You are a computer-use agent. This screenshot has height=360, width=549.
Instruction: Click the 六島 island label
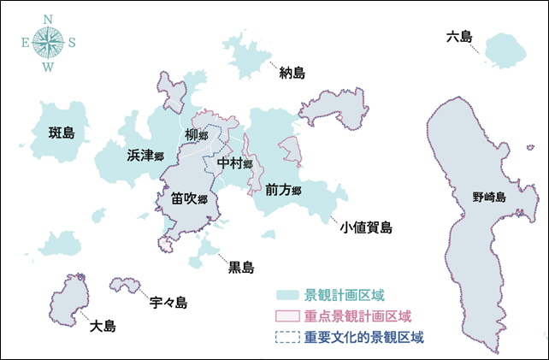pyautogui.click(x=458, y=38)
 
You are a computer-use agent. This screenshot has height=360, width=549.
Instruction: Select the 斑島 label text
pyautogui.click(x=62, y=133)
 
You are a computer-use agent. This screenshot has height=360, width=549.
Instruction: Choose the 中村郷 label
pyautogui.click(x=235, y=162)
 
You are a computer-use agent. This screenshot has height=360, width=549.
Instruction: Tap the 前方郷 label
pyautogui.click(x=283, y=189)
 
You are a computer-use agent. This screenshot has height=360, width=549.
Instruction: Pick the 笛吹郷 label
pyautogui.click(x=189, y=199)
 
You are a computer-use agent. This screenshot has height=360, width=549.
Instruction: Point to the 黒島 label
pyautogui.click(x=240, y=268)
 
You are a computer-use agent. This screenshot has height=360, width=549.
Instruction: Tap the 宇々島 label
pyautogui.click(x=168, y=303)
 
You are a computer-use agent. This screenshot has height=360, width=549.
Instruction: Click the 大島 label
pyautogui.click(x=103, y=326)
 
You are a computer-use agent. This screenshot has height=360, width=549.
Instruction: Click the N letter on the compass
pyautogui.click(x=49, y=18)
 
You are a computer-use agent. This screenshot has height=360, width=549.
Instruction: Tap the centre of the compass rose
pyautogui.click(x=49, y=42)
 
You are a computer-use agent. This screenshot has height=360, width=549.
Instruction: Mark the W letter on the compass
pyautogui.click(x=49, y=67)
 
